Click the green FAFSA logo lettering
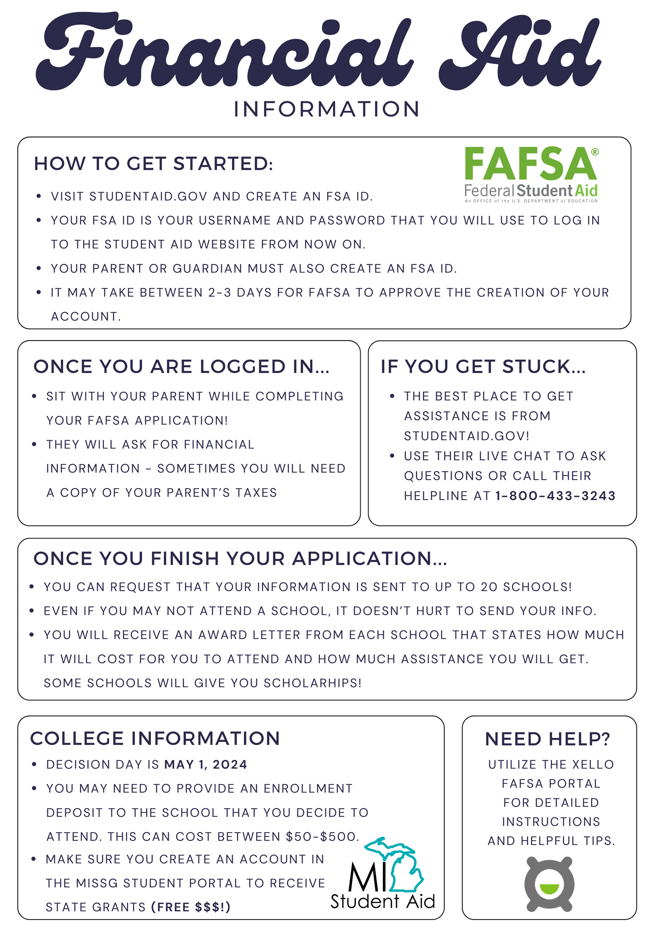(x=530, y=164)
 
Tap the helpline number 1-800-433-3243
(x=555, y=496)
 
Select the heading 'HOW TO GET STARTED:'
(x=154, y=164)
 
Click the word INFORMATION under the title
(x=327, y=109)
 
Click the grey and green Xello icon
(x=549, y=883)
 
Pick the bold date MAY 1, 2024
(x=206, y=765)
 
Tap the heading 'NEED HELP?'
(x=548, y=739)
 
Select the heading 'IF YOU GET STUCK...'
(x=483, y=367)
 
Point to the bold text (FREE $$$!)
(x=191, y=907)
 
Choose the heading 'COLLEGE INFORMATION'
(x=155, y=739)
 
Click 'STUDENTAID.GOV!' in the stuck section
(x=467, y=436)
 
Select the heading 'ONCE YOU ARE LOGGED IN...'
(x=181, y=367)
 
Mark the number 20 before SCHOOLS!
(x=489, y=587)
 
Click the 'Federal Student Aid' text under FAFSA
(x=531, y=191)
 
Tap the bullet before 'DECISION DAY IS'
(x=34, y=765)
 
